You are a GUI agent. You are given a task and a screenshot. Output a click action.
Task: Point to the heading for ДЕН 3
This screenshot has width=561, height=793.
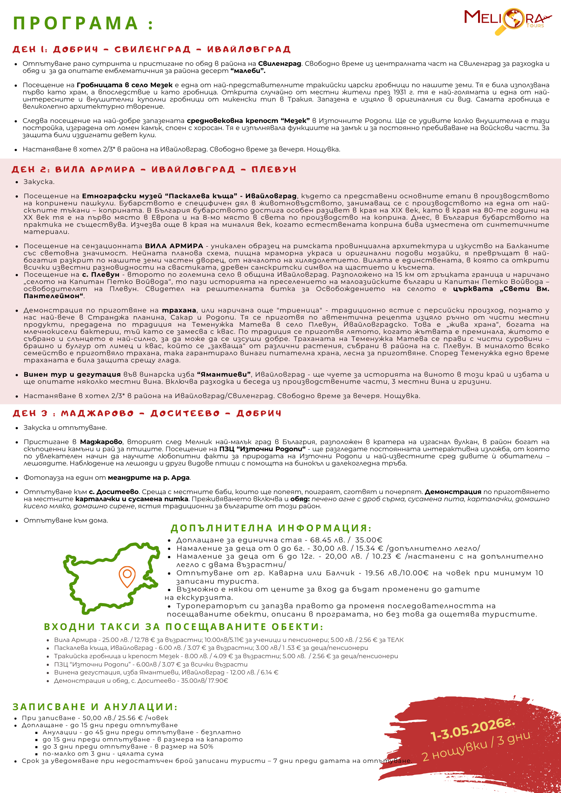(147, 414)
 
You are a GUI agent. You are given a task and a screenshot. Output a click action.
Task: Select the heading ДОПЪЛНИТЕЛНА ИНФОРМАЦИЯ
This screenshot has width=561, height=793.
(271, 528)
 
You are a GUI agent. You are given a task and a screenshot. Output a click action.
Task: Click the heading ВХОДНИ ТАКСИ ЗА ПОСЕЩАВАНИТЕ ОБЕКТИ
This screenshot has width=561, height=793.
(183, 627)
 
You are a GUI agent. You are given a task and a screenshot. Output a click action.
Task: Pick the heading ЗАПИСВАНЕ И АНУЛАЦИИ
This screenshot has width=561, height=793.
(95, 707)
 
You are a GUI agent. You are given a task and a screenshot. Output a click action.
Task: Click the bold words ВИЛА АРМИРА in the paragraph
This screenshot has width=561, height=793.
(174, 246)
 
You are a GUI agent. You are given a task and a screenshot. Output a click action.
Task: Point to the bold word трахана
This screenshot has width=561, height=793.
(179, 310)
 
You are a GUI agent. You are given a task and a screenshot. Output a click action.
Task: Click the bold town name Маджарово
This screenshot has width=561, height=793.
(101, 442)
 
